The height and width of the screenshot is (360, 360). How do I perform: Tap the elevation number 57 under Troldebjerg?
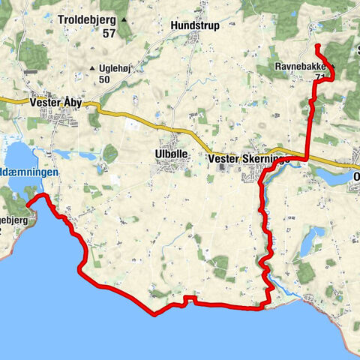coord(109,33)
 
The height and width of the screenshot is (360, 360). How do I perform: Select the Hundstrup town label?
coord(195,25)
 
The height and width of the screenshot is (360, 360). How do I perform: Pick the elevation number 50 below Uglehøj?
coord(104,79)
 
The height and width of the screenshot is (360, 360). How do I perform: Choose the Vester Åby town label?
coord(56,103)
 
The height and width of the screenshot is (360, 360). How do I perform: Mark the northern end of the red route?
coord(316,46)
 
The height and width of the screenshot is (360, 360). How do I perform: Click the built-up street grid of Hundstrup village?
coord(198,39)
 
